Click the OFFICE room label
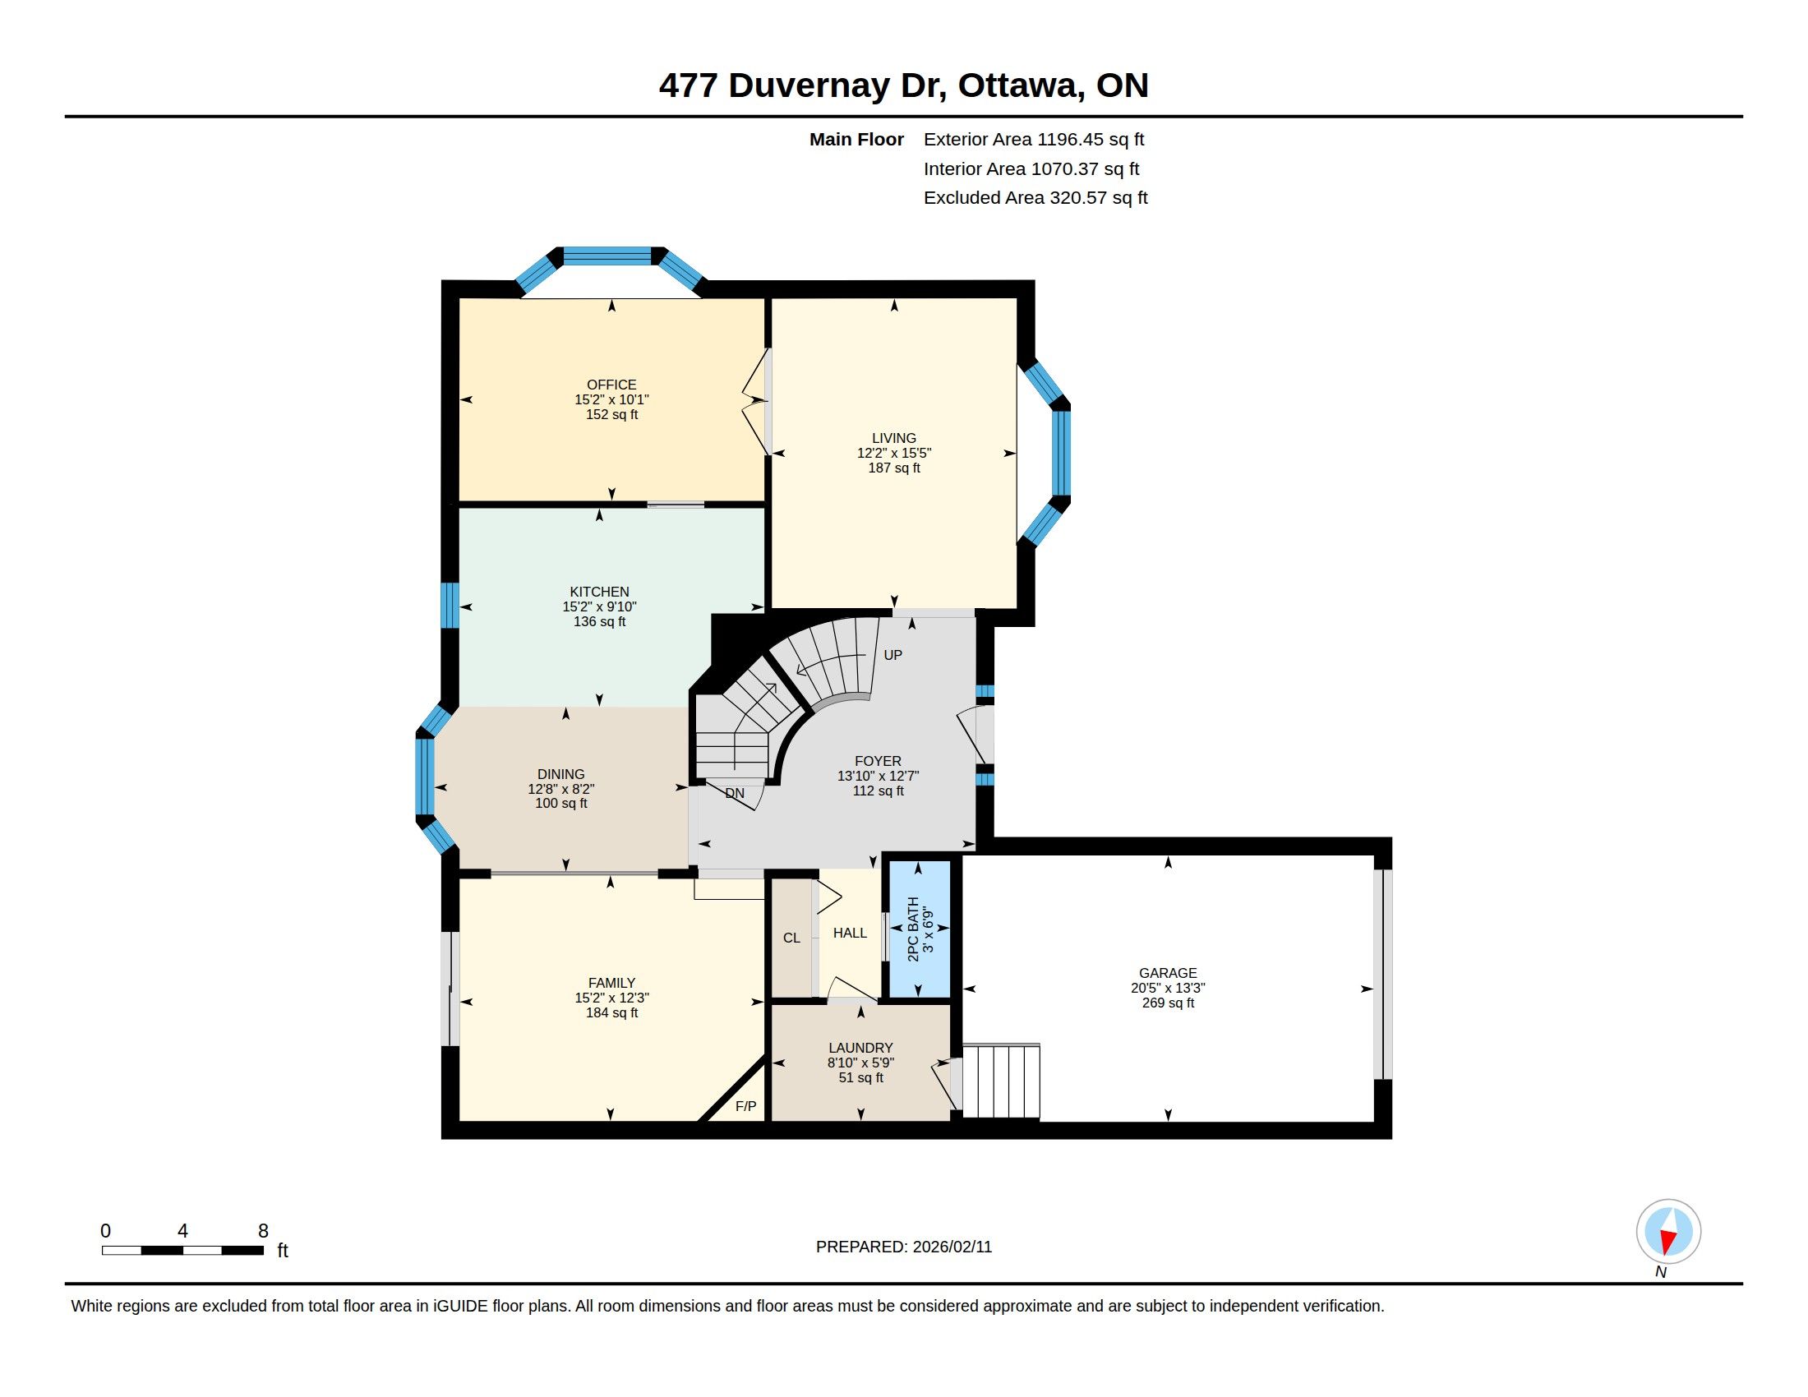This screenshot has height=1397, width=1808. tap(611, 385)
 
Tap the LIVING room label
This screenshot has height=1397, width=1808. tap(894, 439)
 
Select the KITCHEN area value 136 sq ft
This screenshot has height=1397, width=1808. tap(599, 621)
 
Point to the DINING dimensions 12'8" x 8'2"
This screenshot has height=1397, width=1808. tap(561, 789)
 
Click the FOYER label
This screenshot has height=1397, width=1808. tap(879, 762)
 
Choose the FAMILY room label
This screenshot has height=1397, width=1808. tap(611, 983)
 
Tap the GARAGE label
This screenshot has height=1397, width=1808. tap(1168, 973)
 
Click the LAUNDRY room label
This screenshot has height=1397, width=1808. tap(861, 1048)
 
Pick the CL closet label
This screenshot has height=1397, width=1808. tap(791, 938)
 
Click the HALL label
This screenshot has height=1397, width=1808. tap(851, 933)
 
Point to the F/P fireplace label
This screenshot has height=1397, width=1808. tap(746, 1105)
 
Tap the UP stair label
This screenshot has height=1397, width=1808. tap(892, 655)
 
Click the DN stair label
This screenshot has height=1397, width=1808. tap(734, 793)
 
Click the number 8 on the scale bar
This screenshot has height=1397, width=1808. tap(263, 1231)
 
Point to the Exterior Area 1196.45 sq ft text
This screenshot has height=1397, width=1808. tap(1034, 139)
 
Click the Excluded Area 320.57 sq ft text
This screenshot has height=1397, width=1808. tap(1035, 198)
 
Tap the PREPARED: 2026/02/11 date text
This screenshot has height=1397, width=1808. tap(904, 1247)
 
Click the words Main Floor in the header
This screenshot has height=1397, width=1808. tap(856, 139)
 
